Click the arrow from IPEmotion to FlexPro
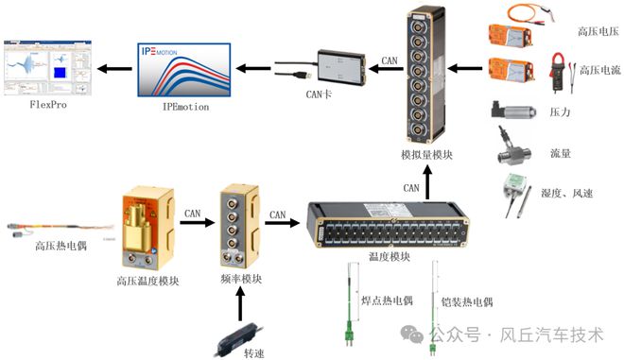click(116, 68)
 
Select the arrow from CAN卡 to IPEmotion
click(251, 67)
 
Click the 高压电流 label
click(596, 73)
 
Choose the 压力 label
click(560, 112)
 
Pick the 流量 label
click(560, 152)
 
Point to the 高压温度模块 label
click(148, 281)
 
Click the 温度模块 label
click(390, 257)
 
